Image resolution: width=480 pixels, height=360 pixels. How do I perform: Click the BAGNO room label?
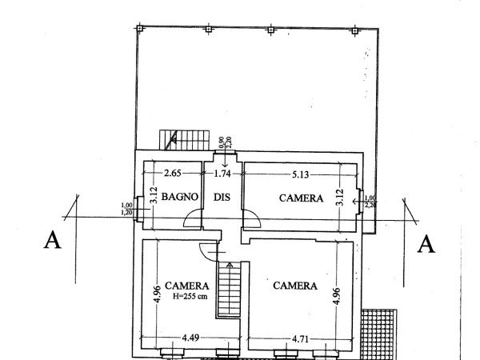[180, 197]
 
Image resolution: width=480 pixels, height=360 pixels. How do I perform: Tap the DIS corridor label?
[222, 197]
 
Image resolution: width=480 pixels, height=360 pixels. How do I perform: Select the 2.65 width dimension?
[173, 174]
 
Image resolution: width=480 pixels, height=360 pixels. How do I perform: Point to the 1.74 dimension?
[222, 174]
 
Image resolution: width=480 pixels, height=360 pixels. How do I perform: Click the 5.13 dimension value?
[300, 174]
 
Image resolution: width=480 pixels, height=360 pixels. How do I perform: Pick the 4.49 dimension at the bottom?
[190, 338]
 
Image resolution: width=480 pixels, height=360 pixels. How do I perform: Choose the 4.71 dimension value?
[300, 339]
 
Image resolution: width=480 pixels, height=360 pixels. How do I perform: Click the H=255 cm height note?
[190, 296]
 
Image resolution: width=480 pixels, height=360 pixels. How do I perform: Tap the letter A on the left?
[52, 240]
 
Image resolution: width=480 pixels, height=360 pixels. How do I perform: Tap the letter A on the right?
[426, 244]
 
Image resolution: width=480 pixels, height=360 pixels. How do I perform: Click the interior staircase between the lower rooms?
[229, 289]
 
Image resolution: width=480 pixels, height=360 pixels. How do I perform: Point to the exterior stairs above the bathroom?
[185, 140]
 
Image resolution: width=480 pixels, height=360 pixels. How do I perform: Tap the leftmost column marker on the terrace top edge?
[139, 29]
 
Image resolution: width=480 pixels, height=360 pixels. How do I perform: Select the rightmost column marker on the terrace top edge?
[354, 31]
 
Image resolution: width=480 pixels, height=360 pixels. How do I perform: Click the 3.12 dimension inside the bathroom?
[154, 195]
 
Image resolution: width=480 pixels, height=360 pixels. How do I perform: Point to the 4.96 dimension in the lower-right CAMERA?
[337, 296]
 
